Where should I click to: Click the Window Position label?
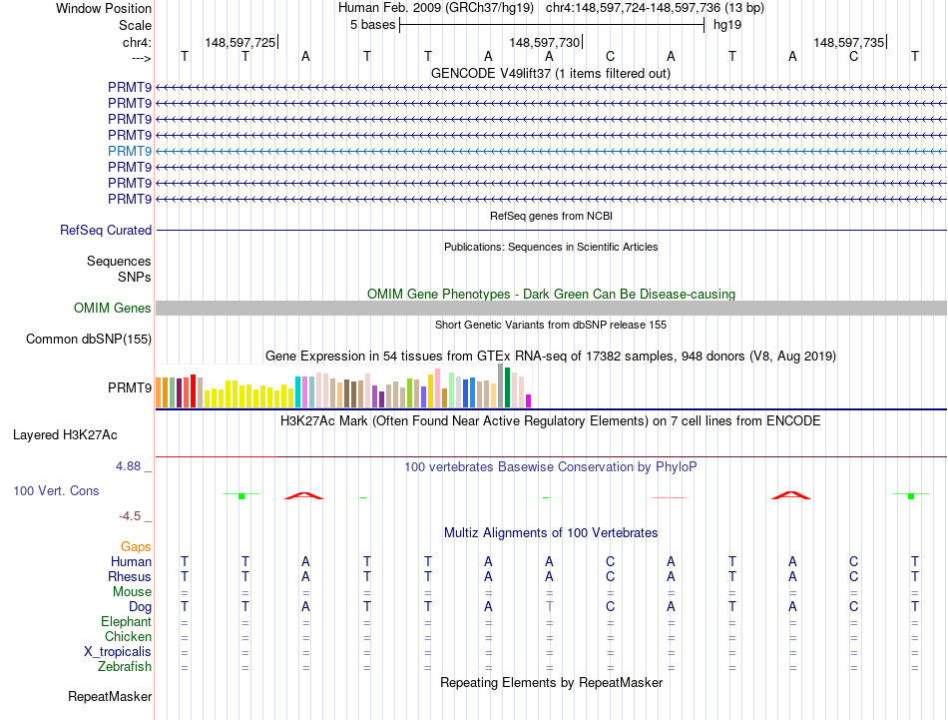point(104,8)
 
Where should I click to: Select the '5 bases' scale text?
point(372,25)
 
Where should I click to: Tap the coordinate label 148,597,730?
point(544,42)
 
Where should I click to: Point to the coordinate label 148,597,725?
point(239,42)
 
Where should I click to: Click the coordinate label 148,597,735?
point(848,42)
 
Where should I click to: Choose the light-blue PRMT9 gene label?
point(130,151)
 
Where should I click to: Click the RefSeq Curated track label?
point(106,230)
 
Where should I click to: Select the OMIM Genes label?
point(113,309)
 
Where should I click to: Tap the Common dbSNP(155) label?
point(89,339)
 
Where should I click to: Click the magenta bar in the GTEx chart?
point(529,400)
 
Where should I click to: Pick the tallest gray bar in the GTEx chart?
point(500,385)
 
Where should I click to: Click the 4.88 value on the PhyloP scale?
point(131,466)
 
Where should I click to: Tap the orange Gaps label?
point(136,546)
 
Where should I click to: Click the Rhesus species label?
point(130,576)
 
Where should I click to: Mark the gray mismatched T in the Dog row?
point(549,606)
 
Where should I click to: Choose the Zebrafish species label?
point(125,666)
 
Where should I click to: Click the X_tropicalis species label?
point(118,651)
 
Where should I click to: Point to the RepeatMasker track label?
point(110,696)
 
